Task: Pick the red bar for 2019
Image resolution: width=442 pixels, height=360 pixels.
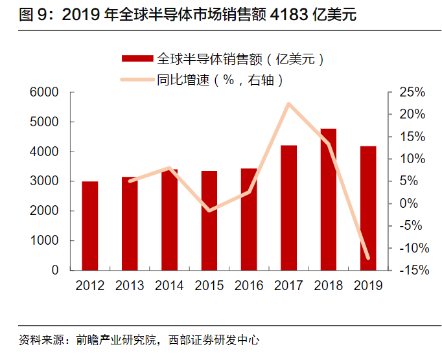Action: [368, 208]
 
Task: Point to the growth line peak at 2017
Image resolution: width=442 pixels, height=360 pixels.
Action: [289, 104]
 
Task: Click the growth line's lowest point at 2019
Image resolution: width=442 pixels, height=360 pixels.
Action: [368, 258]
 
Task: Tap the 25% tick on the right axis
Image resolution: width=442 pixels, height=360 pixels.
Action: [412, 93]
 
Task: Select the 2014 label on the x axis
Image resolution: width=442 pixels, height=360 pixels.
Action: [170, 286]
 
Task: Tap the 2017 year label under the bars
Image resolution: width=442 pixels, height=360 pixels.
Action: [289, 286]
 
